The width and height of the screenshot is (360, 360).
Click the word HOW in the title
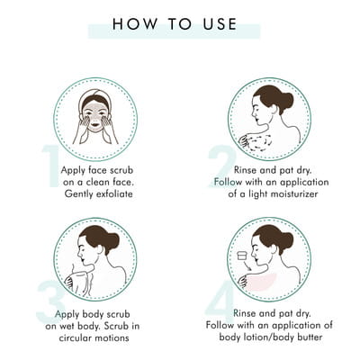point(135,24)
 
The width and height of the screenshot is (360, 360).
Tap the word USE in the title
point(220,24)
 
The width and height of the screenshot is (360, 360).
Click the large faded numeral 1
point(51,166)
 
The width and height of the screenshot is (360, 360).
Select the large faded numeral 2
point(222,166)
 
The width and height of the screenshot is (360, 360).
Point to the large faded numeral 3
point(51,301)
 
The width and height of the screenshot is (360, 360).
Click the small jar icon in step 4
point(242,256)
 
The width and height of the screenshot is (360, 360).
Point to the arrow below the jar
point(247,265)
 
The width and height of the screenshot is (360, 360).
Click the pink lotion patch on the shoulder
point(260,282)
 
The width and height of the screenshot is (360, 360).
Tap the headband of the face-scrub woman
point(94,96)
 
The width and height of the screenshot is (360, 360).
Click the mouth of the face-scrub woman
point(95,123)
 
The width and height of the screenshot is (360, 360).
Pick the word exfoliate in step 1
point(114,193)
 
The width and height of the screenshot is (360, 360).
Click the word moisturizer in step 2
point(294,193)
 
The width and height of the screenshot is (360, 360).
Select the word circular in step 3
point(75,337)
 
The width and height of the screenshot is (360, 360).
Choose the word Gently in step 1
point(78,194)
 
